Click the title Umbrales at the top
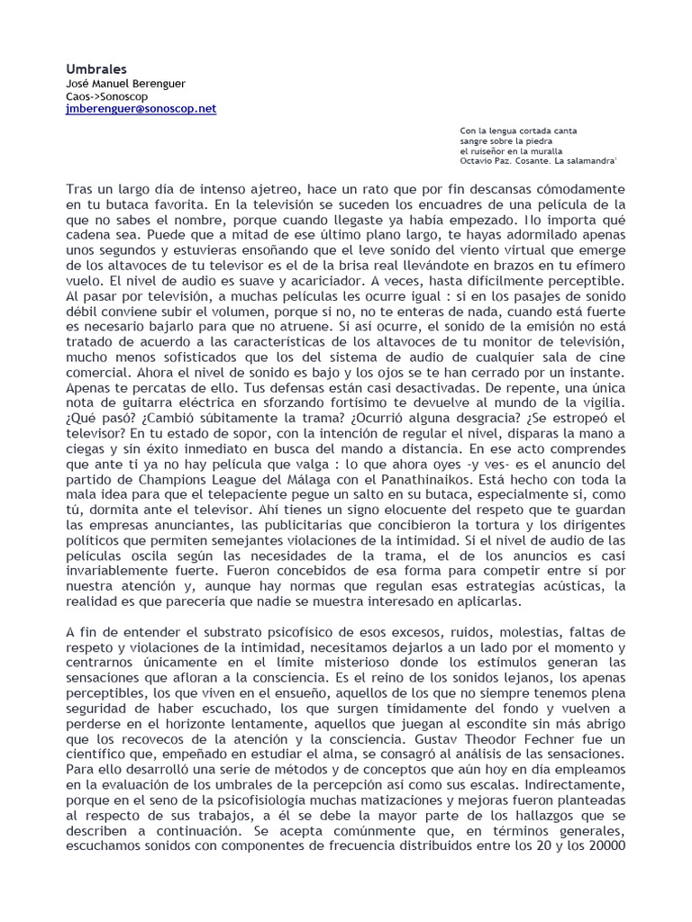tap(96, 68)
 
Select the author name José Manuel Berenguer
tap(126, 83)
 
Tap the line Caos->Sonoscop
tap(107, 95)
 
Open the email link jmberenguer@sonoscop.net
tap(141, 108)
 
